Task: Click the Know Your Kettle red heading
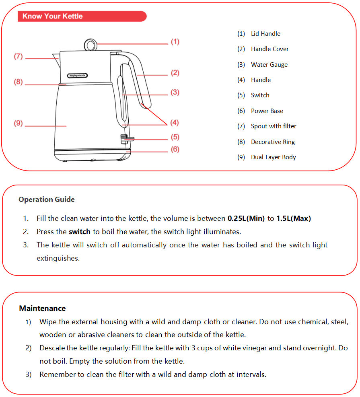[53, 16]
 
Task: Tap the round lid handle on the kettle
[90, 44]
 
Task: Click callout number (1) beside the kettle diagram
[175, 41]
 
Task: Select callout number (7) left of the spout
[18, 57]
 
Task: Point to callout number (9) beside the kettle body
[19, 123]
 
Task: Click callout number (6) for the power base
[175, 149]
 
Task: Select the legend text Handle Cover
[269, 49]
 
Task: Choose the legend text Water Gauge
[269, 65]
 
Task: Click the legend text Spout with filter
[274, 126]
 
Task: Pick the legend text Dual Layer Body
[273, 157]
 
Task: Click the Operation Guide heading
[46, 200]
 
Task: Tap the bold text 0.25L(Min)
[246, 219]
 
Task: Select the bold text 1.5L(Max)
[294, 219]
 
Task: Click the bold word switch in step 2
[80, 232]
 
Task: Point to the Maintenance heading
[42, 309]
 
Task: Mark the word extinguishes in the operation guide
[58, 258]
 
